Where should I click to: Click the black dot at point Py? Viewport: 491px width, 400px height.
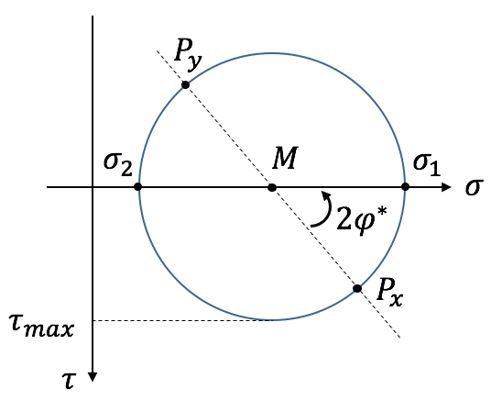tap(186, 84)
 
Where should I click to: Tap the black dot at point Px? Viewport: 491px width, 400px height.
tap(357, 288)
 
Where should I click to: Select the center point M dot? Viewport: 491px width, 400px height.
tap(272, 187)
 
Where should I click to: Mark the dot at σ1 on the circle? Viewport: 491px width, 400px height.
tap(405, 187)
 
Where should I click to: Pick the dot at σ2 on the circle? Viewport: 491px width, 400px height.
tap(137, 187)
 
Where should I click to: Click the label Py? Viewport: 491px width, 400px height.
tap(188, 52)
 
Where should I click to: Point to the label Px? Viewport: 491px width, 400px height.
tap(389, 292)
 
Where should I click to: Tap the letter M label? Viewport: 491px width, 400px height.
tap(284, 158)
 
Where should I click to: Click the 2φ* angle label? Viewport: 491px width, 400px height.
tap(362, 217)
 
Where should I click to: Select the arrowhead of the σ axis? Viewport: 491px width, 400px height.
tap(446, 187)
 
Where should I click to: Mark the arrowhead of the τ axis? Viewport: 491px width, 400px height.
tap(93, 376)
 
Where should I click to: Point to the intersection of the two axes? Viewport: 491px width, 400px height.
tap(93, 187)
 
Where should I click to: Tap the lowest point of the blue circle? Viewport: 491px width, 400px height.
tap(272, 320)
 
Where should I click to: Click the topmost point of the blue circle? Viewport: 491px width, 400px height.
tap(272, 53)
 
